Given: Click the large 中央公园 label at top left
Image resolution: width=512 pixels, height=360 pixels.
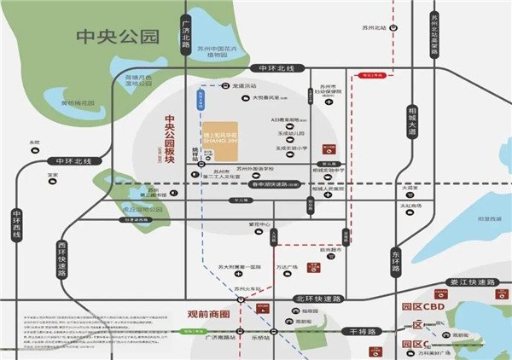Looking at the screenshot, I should pyautogui.click(x=118, y=36).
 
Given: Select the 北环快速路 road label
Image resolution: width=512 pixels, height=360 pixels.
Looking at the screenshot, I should pyautogui.click(x=317, y=299).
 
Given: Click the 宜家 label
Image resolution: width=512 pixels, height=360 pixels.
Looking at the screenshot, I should pyautogui.click(x=53, y=175).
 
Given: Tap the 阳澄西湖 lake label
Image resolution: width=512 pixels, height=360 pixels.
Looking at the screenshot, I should pyautogui.click(x=464, y=218).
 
